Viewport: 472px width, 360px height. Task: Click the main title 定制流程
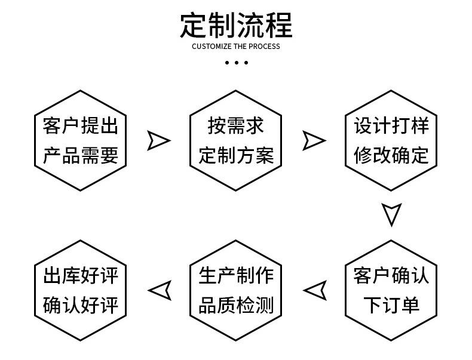(236, 24)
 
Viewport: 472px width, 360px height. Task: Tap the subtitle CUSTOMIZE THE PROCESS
(236, 47)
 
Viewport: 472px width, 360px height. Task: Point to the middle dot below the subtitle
(236, 62)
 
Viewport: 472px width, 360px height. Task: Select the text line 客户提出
(81, 126)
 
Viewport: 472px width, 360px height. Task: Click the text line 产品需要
(81, 155)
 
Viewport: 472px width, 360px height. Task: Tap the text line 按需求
(236, 126)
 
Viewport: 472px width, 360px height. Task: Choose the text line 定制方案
(236, 155)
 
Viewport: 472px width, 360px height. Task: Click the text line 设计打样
(391, 126)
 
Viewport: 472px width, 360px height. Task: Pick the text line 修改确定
(391, 155)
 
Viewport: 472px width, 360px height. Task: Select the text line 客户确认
(391, 276)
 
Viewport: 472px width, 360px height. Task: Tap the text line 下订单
(391, 305)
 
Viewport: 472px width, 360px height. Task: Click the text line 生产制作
(236, 276)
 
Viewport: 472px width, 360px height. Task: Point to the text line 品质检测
(236, 305)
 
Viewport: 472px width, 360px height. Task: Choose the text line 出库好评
(81, 276)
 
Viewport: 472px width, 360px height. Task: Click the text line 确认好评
(81, 305)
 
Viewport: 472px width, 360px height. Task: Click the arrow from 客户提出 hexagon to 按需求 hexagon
(158, 140)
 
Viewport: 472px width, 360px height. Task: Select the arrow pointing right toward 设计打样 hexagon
(314, 140)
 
